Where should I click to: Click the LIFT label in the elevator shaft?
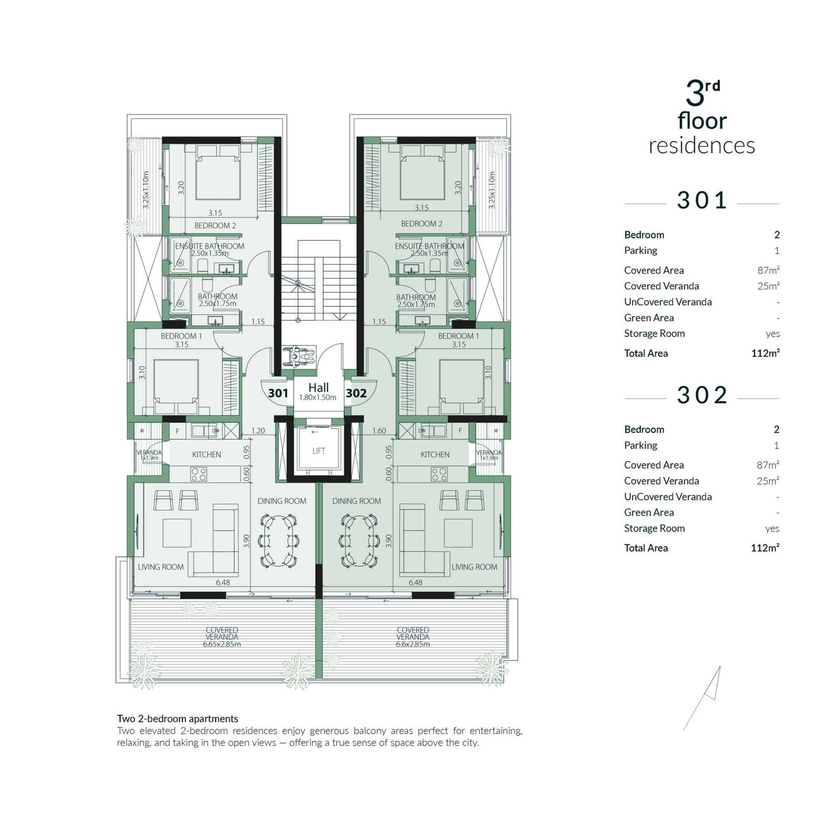pos(319,451)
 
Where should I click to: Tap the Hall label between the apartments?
pos(319,387)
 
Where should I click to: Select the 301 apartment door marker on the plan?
pos(278,393)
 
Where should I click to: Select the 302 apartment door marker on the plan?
pos(356,393)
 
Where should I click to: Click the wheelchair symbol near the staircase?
pos(299,356)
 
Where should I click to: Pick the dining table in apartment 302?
pos(360,541)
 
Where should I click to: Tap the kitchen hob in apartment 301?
pos(199,475)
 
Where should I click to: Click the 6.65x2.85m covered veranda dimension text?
pos(222,644)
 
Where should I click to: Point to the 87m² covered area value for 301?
pos(769,270)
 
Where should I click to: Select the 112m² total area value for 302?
pos(765,548)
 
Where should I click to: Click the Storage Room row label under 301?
pos(654,333)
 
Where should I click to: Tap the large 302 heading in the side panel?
pos(702,395)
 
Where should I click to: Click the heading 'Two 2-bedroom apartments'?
pos(177,719)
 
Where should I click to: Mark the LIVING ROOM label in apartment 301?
pos(161,567)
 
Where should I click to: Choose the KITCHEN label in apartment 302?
pos(435,455)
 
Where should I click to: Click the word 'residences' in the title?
pos(702,145)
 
